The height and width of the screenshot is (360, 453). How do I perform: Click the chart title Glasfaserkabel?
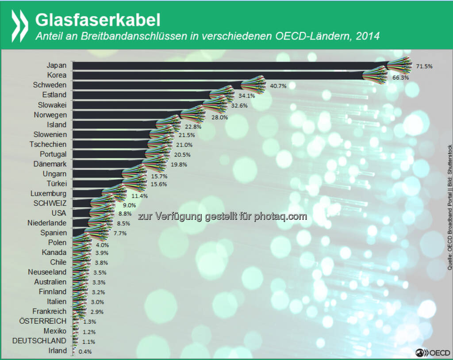pos(97,19)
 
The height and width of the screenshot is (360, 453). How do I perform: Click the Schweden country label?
pos(50,85)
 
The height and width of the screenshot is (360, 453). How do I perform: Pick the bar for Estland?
pos(142,95)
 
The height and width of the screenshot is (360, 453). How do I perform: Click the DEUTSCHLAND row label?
pos(39,341)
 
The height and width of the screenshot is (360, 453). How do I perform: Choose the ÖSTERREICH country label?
pos(42,321)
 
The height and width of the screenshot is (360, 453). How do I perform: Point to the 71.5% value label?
pos(424,66)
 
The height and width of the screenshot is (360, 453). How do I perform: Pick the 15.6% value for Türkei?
pos(158,184)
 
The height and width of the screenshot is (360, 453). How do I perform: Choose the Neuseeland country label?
pos(47,272)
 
